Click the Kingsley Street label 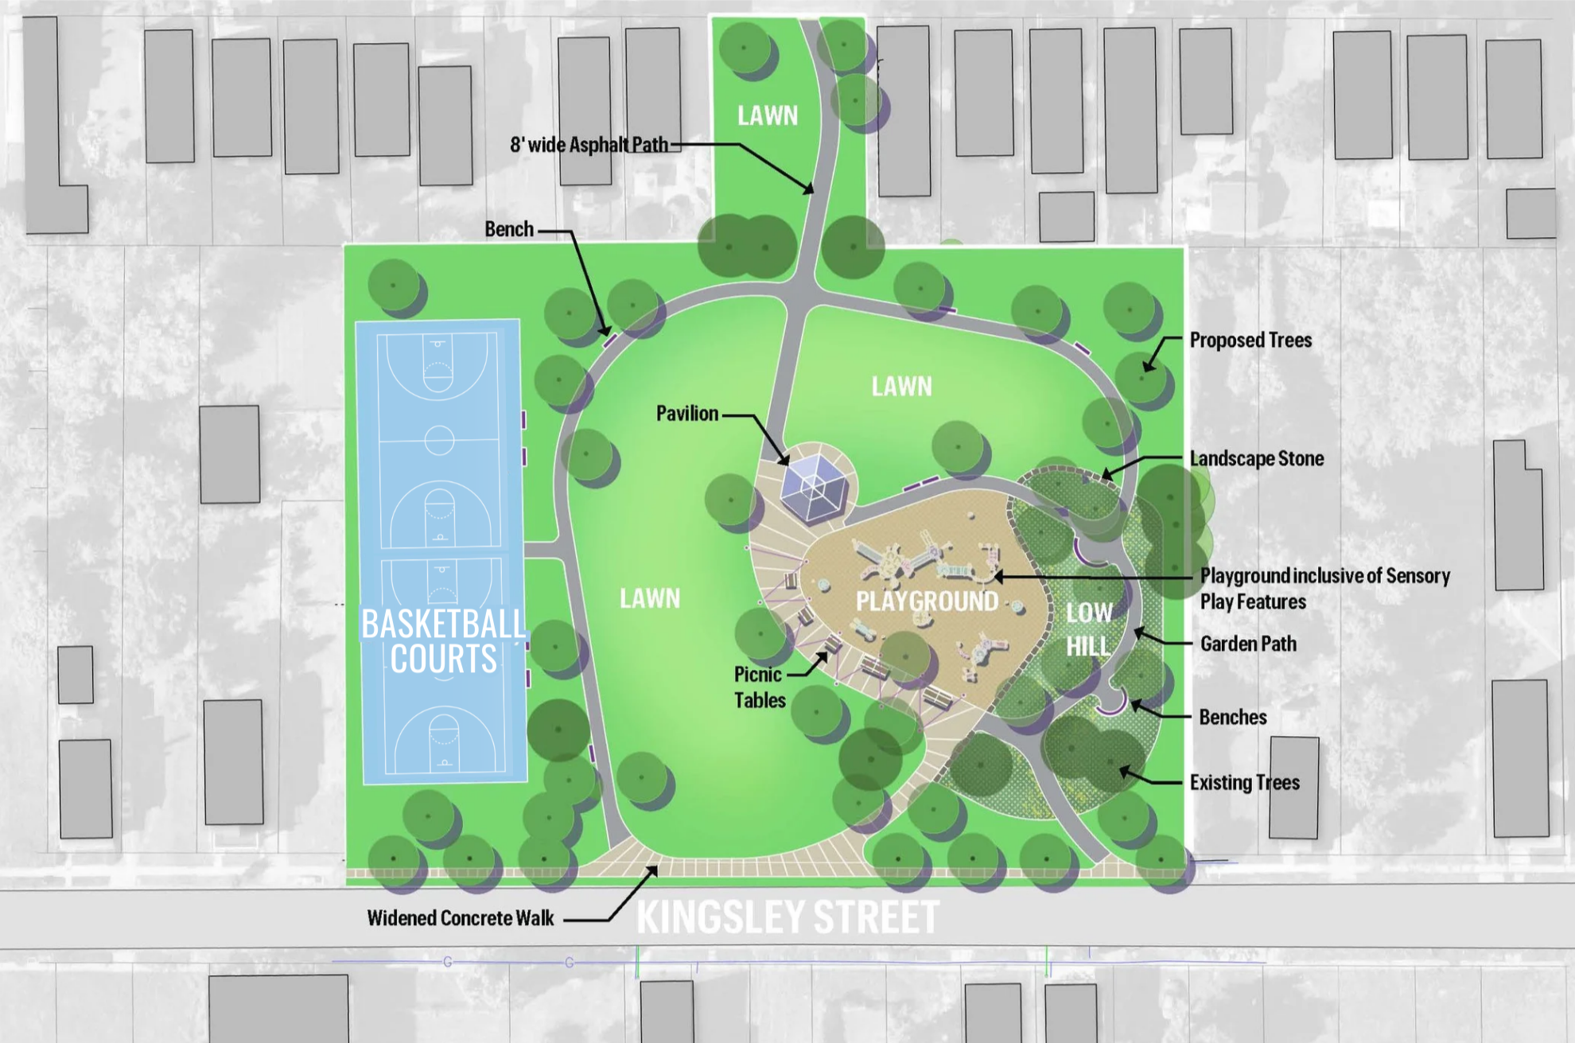click(787, 917)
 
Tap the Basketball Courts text click(443, 641)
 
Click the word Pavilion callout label click(686, 414)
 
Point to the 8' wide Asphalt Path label click(589, 145)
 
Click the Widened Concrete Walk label click(460, 918)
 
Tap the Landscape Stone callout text click(1256, 458)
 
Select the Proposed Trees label click(1250, 341)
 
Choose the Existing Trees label click(1244, 783)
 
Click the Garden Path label click(1248, 644)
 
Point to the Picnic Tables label click(759, 687)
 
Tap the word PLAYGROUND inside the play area click(927, 601)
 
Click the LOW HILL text click(1089, 629)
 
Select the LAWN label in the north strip click(768, 116)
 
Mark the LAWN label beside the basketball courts click(650, 598)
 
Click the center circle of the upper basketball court click(438, 440)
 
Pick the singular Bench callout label click(509, 229)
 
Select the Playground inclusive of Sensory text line click(1324, 575)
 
